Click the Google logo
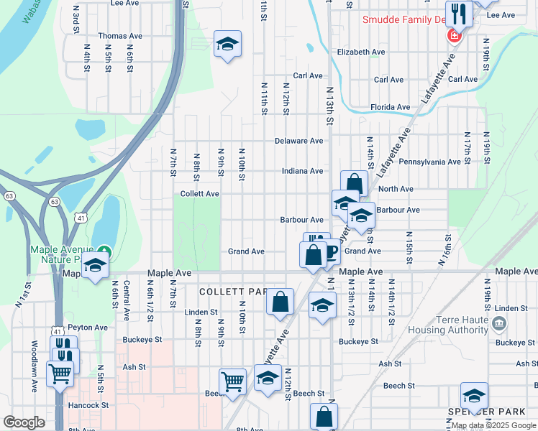pos(24,422)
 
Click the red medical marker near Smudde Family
pos(454,34)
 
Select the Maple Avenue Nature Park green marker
pos(105,252)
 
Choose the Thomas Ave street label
pos(120,36)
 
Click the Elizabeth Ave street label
pos(361,52)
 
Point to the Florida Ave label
pos(390,107)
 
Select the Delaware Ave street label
pos(298,141)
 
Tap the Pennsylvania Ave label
pos(429,162)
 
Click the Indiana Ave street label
pos(302,171)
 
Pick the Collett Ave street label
pos(199,194)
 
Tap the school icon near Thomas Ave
pos(228,46)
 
